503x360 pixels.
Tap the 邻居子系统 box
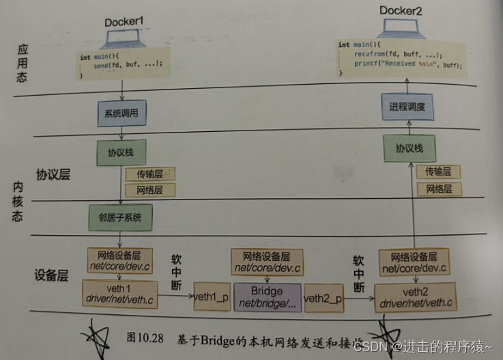(x=119, y=217)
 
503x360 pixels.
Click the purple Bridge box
(x=266, y=296)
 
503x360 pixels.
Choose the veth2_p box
(x=324, y=298)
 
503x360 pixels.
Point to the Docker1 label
(x=125, y=23)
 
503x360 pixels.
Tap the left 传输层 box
(x=149, y=174)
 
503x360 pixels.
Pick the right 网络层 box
(x=438, y=189)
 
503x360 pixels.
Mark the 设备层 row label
(x=53, y=277)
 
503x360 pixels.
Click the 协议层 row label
(x=54, y=175)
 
